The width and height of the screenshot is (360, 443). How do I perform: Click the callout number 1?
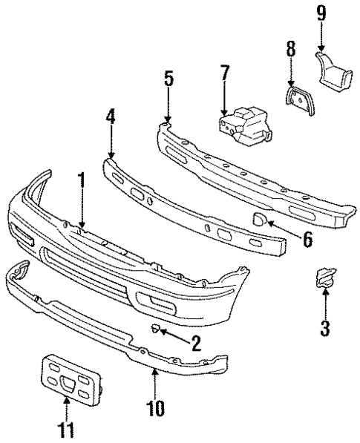(x=82, y=181)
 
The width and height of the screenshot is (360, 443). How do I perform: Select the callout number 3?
(x=325, y=326)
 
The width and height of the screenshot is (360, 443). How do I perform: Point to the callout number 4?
(x=111, y=117)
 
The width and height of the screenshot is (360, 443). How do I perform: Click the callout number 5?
(x=168, y=79)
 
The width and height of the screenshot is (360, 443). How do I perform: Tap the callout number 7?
(x=224, y=74)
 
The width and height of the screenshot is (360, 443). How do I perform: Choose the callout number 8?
(x=291, y=50)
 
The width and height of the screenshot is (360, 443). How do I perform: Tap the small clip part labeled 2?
(x=157, y=329)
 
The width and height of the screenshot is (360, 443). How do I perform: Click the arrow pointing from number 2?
(x=175, y=336)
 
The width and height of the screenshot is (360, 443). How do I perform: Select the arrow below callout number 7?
(x=224, y=100)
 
